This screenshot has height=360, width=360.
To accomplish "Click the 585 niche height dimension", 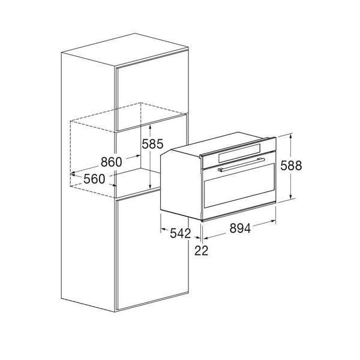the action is (x=152, y=144).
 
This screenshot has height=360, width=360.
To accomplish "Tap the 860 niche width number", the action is (x=112, y=162).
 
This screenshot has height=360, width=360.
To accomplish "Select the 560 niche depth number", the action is (x=94, y=179).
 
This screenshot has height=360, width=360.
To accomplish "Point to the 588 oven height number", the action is (x=291, y=166).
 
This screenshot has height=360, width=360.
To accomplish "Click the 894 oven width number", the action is (x=240, y=228).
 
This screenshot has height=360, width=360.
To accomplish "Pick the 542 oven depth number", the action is (x=181, y=233).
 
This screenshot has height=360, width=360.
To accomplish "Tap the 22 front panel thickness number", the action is (x=202, y=250).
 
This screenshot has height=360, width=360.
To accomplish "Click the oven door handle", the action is (x=241, y=164).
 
